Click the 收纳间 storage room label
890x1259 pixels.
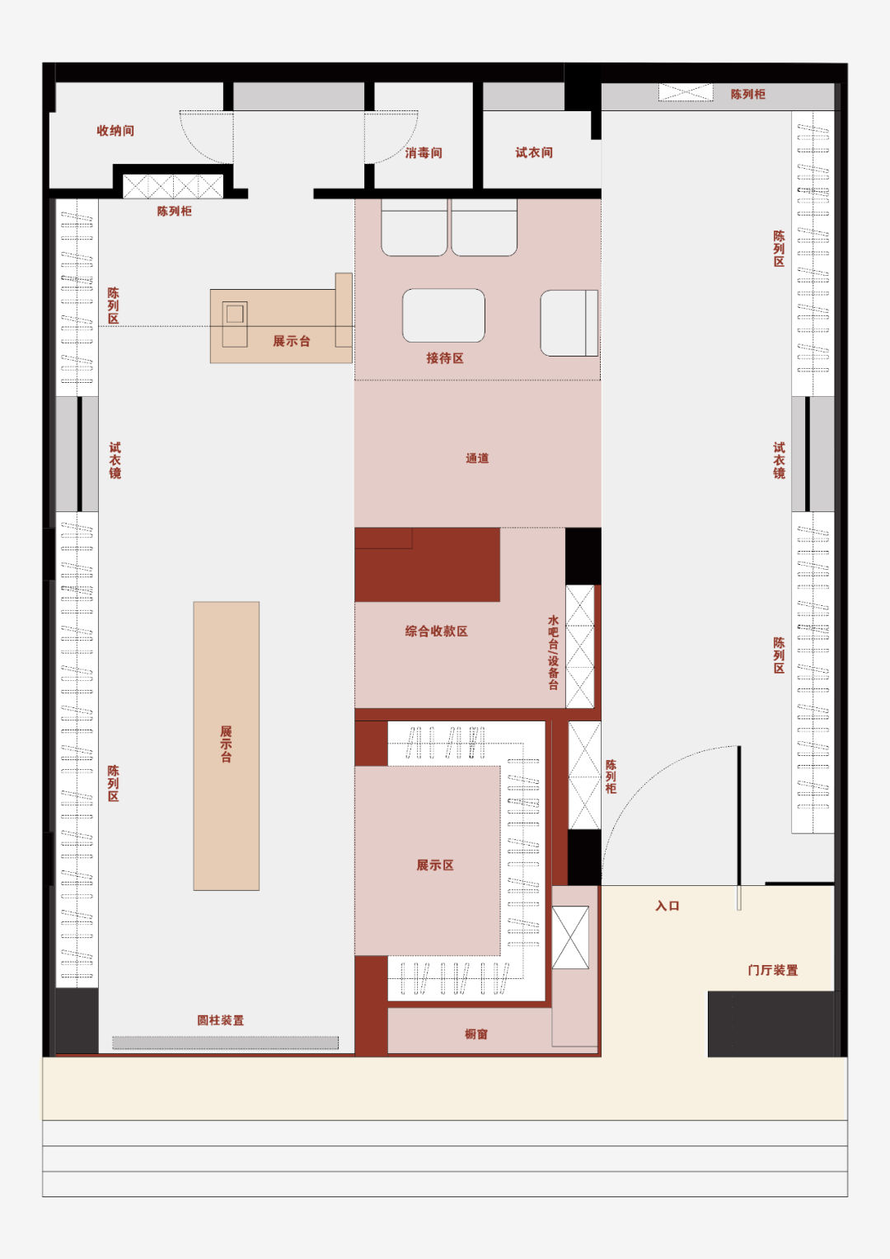115,131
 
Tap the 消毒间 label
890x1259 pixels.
424,153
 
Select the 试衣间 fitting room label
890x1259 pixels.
534,152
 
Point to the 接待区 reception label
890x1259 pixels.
444,358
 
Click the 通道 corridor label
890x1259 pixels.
477,459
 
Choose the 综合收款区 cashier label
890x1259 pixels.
436,632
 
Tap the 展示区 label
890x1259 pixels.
434,865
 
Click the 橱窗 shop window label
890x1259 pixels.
476,1034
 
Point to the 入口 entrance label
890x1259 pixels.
667,906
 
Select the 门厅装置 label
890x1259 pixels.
772,970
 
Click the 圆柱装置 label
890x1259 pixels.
220,1020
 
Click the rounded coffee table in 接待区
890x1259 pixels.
443,315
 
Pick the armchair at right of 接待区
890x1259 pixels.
569,323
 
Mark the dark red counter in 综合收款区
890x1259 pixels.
427,565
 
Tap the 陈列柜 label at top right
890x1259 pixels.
747,95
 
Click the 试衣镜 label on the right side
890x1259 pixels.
779,460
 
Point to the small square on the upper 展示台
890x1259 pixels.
235,314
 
